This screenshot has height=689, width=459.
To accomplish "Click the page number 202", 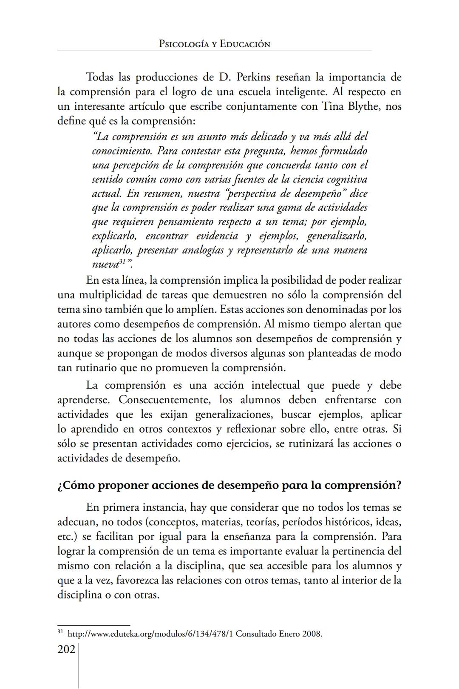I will [x=66, y=649].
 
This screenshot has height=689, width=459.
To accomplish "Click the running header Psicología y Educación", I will [x=214, y=44].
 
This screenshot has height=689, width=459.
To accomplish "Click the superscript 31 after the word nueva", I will [x=123, y=262].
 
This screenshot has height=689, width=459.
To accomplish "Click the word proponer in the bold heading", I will [x=123, y=485].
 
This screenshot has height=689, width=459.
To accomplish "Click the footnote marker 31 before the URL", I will [x=60, y=632].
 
